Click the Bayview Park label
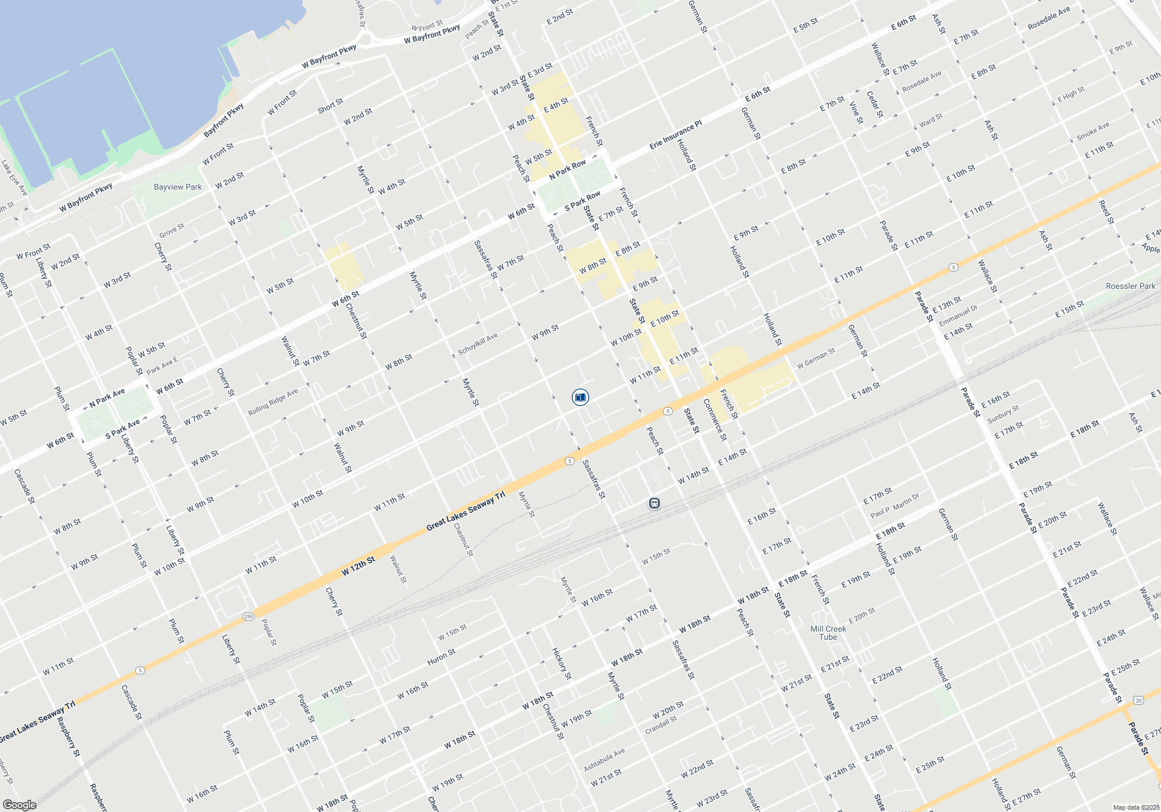pyautogui.click(x=178, y=187)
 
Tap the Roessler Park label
pyautogui.click(x=1130, y=286)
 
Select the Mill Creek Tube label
pyautogui.click(x=828, y=633)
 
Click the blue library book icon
pyautogui.click(x=580, y=397)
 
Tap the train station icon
pyautogui.click(x=655, y=503)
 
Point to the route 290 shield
pyautogui.click(x=248, y=616)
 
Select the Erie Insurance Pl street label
pyautogui.click(x=675, y=135)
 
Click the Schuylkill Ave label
pyautogui.click(x=478, y=344)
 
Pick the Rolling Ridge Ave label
pyautogui.click(x=273, y=402)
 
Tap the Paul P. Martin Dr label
pyautogui.click(x=895, y=506)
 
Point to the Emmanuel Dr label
pyautogui.click(x=958, y=316)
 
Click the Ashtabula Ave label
pyautogui.click(x=604, y=760)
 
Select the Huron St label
pyautogui.click(x=441, y=657)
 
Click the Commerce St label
pyautogui.click(x=715, y=419)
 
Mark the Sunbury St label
pyautogui.click(x=1003, y=414)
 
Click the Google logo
pyautogui.click(x=20, y=805)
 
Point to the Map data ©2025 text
pyautogui.click(x=1135, y=807)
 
